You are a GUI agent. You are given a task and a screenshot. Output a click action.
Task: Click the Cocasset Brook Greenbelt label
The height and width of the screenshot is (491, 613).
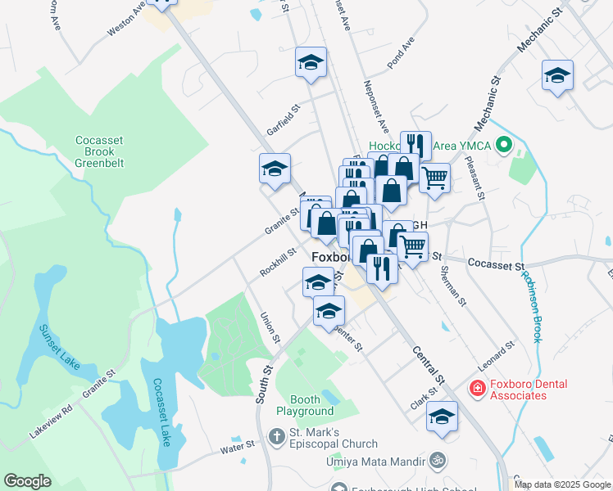pos(98,151)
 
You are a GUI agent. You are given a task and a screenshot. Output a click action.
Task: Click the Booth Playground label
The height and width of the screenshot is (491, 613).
pos(304,405)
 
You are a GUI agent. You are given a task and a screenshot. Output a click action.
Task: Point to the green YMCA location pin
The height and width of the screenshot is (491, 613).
pos(505,146)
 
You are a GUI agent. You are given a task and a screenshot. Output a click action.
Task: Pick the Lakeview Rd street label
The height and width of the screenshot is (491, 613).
pos(51,419)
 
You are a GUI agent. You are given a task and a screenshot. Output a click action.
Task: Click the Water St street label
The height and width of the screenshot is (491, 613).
pos(238,447)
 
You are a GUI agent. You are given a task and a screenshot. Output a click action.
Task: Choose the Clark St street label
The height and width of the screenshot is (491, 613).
pos(424,400)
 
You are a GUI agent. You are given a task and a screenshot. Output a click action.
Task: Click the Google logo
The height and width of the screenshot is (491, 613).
pos(28,481)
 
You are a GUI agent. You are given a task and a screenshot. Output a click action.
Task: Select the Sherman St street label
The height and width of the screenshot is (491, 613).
pos(452,286)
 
